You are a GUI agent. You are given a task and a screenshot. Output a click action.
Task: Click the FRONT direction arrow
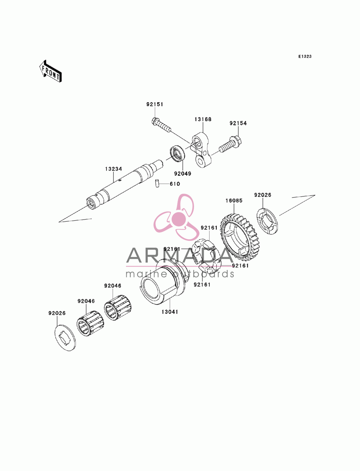click(x=50, y=71)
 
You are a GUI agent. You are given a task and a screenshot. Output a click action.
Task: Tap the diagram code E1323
click(x=305, y=56)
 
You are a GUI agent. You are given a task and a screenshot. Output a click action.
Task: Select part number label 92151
click(x=155, y=104)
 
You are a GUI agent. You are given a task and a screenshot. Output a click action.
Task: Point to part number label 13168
click(x=203, y=119)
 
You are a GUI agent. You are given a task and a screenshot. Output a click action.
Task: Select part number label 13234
click(x=113, y=169)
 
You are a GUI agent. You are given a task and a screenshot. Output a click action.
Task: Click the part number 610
click(x=175, y=184)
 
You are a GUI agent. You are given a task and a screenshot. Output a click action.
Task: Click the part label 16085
click(x=234, y=201)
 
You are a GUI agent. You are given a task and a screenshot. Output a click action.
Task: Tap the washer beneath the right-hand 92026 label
click(x=267, y=221)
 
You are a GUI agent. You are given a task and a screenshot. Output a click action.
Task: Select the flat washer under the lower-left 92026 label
click(x=65, y=338)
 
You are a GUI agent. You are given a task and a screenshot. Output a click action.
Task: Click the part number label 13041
click(x=170, y=312)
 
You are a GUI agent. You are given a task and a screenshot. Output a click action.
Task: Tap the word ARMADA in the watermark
click(x=180, y=255)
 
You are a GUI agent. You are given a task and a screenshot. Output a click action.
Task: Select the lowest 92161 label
click(x=202, y=285)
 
